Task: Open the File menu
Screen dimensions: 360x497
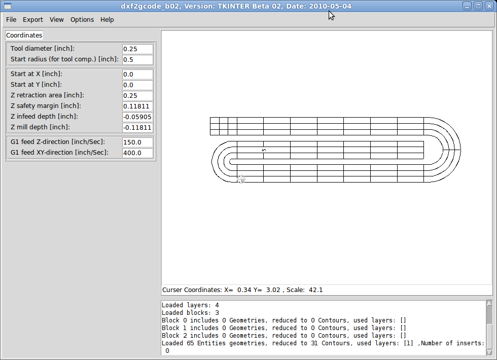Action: point(11,20)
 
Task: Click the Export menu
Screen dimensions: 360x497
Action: point(33,20)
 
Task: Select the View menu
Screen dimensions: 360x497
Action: point(57,20)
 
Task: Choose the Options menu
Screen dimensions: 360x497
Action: point(82,20)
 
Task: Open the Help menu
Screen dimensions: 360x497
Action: point(107,20)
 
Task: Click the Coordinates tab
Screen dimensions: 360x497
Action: point(24,35)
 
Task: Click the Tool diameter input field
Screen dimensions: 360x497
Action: point(137,49)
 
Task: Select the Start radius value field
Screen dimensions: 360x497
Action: point(137,59)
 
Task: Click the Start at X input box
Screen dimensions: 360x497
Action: point(137,74)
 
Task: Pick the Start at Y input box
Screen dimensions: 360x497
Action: point(137,85)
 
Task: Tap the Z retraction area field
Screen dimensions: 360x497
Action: point(137,95)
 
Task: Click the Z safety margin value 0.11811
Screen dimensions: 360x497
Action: point(137,106)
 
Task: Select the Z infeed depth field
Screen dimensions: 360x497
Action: point(137,117)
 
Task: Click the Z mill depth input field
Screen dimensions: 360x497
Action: point(137,127)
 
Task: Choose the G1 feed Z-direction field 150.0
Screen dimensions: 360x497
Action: point(137,142)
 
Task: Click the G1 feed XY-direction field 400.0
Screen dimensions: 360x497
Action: point(137,153)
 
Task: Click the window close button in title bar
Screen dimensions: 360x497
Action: point(488,6)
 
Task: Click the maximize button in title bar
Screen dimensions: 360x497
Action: point(478,6)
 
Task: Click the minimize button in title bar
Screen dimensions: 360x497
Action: point(467,6)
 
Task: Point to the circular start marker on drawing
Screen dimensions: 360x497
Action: point(241,179)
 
